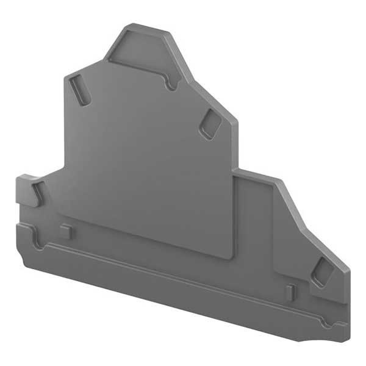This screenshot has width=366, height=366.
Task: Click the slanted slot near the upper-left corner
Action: click(79, 88)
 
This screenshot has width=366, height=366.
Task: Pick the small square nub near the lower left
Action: click(66, 231)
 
